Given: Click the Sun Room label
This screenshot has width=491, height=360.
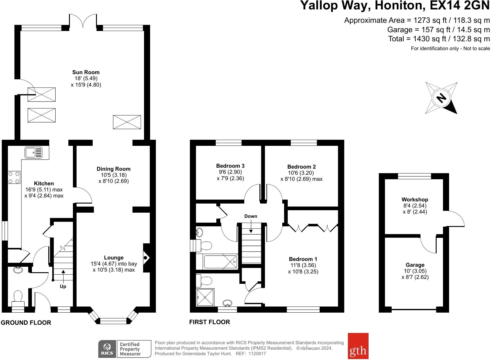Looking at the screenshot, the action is click(86, 72).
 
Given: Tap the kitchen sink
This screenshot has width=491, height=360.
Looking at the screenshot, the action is click(33, 153).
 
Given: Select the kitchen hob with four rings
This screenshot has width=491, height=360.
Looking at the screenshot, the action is click(14, 177).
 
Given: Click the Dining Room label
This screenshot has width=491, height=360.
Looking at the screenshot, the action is click(114, 169).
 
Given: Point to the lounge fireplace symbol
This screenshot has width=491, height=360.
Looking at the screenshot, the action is click(146, 258).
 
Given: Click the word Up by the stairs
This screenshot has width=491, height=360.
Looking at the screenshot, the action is click(63, 286).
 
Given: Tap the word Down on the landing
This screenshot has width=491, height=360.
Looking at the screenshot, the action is click(251, 216).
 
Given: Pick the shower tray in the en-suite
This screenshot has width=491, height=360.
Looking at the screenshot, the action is click(205, 297).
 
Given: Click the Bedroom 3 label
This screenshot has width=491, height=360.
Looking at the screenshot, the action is click(230, 166).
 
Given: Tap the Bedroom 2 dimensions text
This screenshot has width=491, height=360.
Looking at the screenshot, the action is click(301, 176).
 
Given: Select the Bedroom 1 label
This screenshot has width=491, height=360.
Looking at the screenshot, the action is click(303, 259).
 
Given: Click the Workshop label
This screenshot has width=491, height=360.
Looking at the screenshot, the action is click(415, 199).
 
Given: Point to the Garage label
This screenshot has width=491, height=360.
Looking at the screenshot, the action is click(415, 265).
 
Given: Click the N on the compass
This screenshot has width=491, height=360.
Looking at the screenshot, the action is click(441, 98).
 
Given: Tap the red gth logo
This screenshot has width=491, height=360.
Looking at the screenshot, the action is click(358, 346).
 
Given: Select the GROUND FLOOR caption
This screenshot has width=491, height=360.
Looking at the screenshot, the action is click(26, 323).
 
